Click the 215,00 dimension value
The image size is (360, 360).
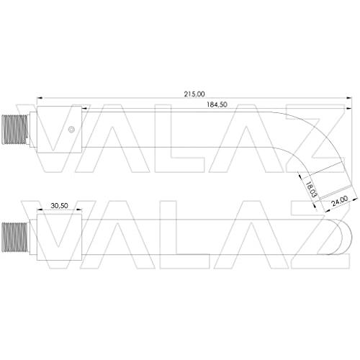click(x=194, y=94)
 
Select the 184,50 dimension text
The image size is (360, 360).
click(x=217, y=104)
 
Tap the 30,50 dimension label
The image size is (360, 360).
click(x=59, y=206)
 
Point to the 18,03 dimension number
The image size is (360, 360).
click(x=311, y=189)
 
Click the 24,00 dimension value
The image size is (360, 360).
click(x=340, y=201)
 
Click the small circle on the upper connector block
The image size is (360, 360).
click(x=71, y=130)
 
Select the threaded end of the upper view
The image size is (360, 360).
click(x=14, y=130)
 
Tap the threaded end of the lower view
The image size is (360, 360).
click(x=14, y=237)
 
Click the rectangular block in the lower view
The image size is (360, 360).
click(x=59, y=237)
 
